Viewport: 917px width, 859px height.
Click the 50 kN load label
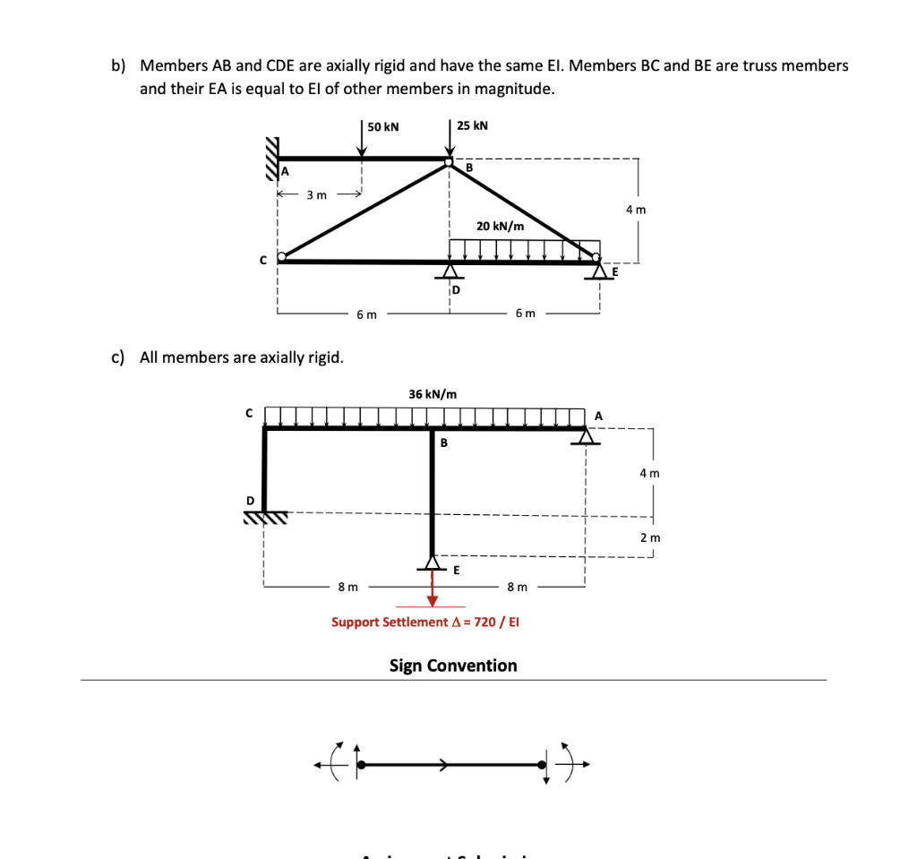pos(383,127)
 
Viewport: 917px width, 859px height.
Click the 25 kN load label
pos(472,125)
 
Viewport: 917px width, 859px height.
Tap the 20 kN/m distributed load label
pos(500,226)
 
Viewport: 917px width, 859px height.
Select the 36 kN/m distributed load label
pos(433,394)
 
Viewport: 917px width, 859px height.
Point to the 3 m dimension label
pos(316,194)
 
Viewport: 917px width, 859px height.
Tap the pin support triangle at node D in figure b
pos(450,271)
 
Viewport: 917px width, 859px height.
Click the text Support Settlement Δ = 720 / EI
pos(425,622)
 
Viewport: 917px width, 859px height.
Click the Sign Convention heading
pos(453,666)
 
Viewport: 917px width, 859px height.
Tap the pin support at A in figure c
pos(587,435)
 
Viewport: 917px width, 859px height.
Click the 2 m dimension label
pos(650,537)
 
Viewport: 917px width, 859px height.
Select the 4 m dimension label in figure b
pos(636,210)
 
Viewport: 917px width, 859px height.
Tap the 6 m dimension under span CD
pos(366,314)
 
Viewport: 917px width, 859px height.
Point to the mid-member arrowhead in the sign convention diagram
pos(443,765)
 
